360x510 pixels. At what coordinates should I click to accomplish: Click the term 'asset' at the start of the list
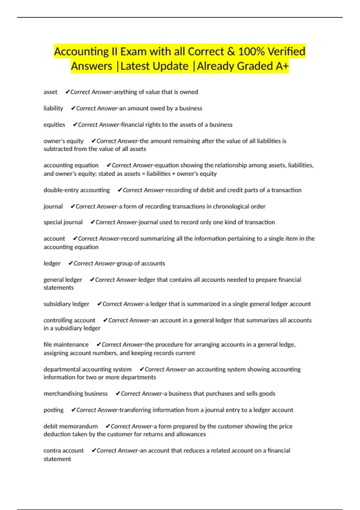50,92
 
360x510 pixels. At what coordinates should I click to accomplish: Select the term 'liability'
53,108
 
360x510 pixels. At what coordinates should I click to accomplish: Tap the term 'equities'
54,124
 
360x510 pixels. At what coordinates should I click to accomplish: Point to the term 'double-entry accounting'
76,190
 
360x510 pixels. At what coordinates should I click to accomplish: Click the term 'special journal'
63,222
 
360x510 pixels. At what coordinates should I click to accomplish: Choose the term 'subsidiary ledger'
66,304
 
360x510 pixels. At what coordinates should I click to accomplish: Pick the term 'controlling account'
69,320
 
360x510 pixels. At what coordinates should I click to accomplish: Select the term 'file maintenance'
66,345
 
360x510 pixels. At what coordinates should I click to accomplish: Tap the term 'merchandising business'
76,394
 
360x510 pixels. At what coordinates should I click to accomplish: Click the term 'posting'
54,410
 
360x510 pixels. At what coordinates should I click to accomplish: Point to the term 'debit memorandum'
70,426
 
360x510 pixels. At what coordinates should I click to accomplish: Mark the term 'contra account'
64,451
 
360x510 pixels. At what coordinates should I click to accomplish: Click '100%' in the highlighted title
251,52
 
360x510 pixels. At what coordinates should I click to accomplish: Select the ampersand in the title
231,52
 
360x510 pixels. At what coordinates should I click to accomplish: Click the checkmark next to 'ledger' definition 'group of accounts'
70,263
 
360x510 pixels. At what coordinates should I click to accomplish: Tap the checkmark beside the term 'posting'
73,410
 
